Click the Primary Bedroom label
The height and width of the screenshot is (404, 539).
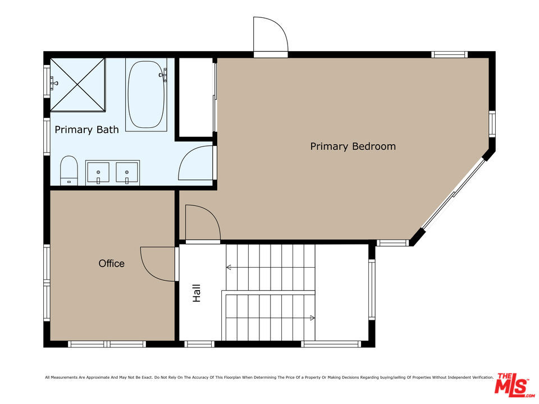[x=353, y=146]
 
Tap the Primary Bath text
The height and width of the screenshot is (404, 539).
[x=86, y=130]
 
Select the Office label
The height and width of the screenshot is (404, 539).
[x=111, y=264]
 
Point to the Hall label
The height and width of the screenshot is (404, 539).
[x=197, y=293]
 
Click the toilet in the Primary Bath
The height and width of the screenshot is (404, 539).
[x=69, y=171]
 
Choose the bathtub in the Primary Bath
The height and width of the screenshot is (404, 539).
[x=146, y=94]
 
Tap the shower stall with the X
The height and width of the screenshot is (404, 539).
[x=77, y=85]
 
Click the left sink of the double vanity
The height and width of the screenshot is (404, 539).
[x=98, y=172]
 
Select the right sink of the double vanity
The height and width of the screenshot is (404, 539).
[x=127, y=172]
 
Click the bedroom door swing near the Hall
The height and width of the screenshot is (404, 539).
[x=211, y=215]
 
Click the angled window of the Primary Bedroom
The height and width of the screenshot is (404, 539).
[x=454, y=194]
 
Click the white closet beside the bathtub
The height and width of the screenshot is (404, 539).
[x=195, y=97]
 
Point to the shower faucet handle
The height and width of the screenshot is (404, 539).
[x=53, y=82]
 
